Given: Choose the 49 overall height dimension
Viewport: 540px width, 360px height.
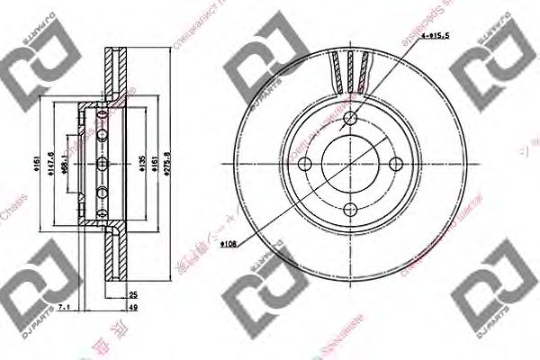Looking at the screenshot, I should (x=133, y=307).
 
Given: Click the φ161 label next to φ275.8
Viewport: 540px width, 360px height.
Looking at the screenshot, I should (x=157, y=164).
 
